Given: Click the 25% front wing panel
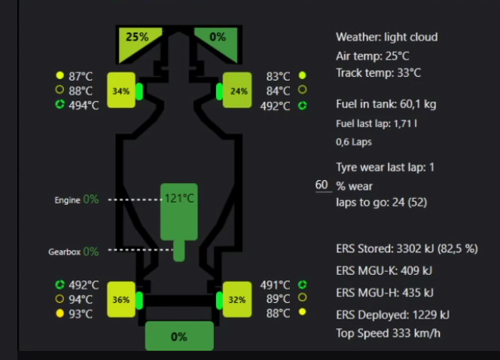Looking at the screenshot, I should click(138, 38).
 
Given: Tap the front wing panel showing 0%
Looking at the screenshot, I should click(218, 38).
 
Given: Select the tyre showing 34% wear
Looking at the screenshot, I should click(121, 91).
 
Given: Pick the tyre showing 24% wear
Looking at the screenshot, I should click(239, 91).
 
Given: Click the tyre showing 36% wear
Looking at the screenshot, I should click(121, 299).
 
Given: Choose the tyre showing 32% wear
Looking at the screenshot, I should click(237, 299).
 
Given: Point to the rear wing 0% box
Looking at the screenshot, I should click(178, 337).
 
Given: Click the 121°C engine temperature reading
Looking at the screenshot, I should click(180, 199).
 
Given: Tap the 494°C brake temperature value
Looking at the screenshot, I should click(84, 105).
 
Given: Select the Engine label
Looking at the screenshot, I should click(67, 200).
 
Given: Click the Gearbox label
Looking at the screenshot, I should click(64, 252).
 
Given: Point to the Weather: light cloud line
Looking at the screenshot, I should click(386, 37).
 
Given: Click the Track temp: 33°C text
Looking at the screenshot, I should click(378, 73).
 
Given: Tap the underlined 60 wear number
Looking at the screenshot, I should click(322, 185).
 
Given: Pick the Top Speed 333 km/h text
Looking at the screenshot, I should click(388, 334).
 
